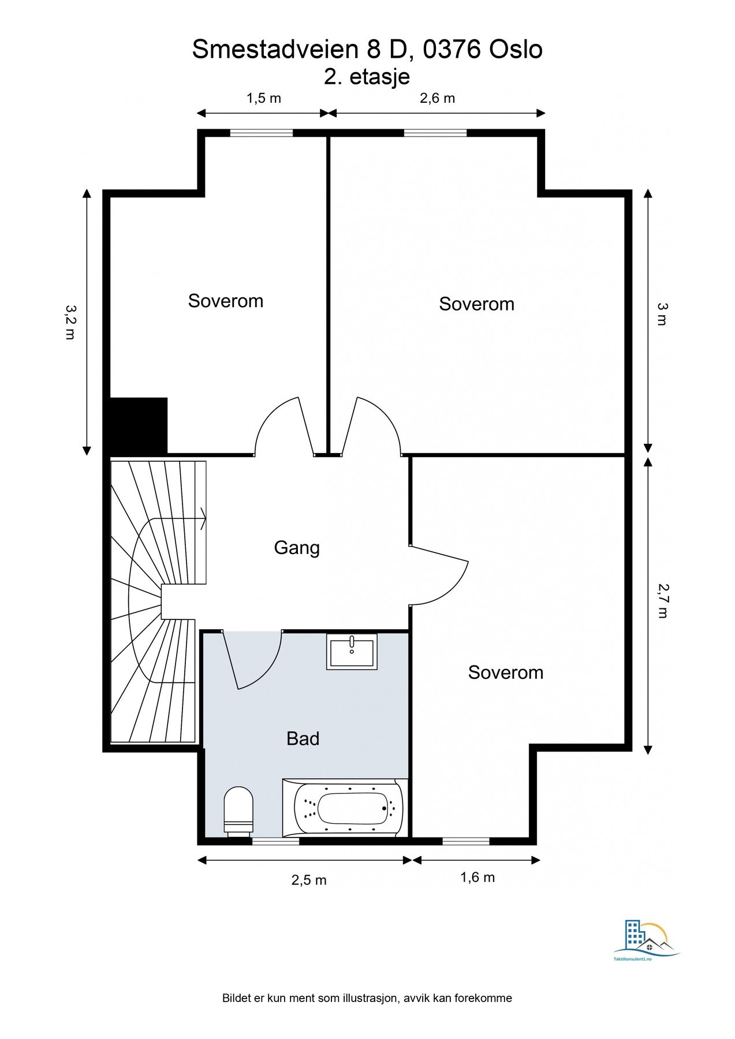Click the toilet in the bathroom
click(x=238, y=810)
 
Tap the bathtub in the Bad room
click(x=345, y=808)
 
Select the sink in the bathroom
click(x=352, y=651)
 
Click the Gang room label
click(x=297, y=548)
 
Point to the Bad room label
click(x=303, y=739)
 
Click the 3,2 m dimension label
click(x=70, y=322)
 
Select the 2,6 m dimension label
click(x=437, y=98)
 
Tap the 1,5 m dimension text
click(x=264, y=98)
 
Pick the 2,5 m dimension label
click(x=309, y=880)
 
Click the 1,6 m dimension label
click(x=477, y=877)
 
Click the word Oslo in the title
click(x=516, y=50)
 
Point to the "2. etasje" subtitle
click(x=367, y=77)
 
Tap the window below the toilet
click(x=276, y=841)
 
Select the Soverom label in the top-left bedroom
click(x=226, y=301)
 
